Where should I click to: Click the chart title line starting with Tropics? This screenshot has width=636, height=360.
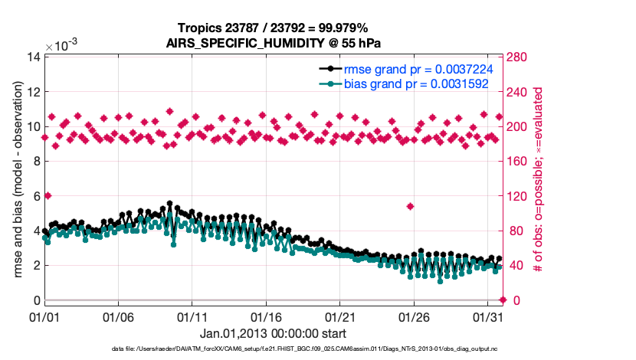274,29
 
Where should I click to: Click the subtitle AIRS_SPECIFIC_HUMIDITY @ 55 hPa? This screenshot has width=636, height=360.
274,43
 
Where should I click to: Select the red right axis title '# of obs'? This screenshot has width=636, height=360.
538,178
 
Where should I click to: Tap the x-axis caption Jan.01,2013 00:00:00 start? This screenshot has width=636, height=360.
273,333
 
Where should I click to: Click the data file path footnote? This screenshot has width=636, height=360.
318,350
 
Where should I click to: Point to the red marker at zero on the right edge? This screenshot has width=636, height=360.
503,300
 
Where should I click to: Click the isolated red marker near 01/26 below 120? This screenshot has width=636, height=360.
411,206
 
